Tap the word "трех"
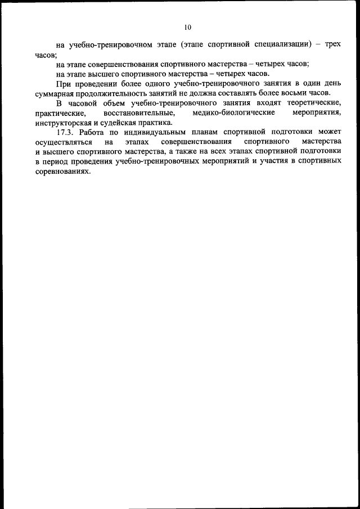pyautogui.click(x=333, y=44)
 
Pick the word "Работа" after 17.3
pyautogui.click(x=92, y=133)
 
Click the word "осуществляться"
pyautogui.click(x=63, y=142)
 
